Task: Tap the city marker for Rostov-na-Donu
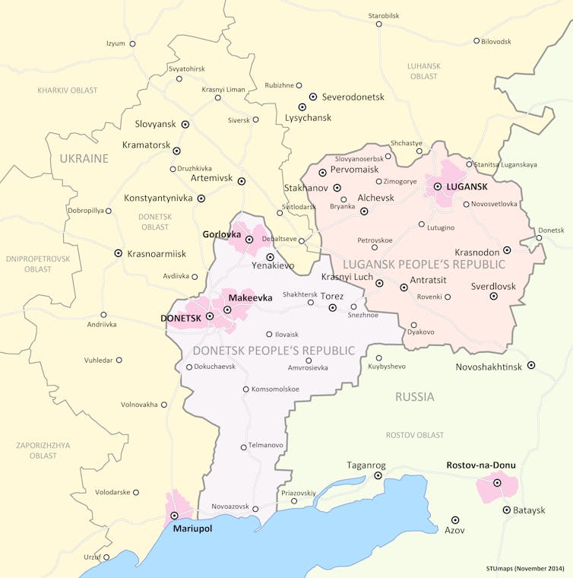pos(497,483)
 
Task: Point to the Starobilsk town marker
pos(378,24)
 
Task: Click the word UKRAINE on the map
pos(84,158)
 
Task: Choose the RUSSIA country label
pos(414,396)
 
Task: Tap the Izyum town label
pos(115,43)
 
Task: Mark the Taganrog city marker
pos(378,475)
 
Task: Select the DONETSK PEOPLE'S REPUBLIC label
pos(274,351)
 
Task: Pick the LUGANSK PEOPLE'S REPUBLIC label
pos(424,264)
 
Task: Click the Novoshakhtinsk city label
pos(489,367)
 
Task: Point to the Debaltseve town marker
pos(302,241)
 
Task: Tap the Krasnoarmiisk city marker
pos(118,252)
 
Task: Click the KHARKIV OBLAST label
pos(68,90)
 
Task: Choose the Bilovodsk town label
pos(496,41)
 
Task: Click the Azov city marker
pos(455,519)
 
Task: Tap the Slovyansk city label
pos(154,124)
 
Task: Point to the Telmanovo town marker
pos(243,447)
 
